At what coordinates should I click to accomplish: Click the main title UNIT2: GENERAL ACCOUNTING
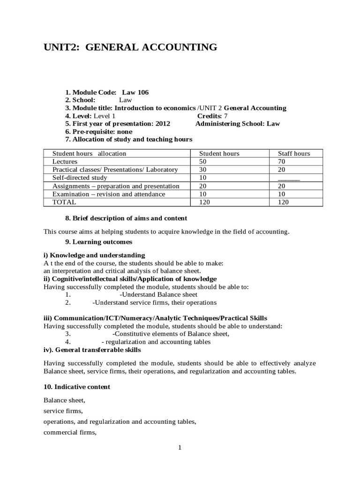tap(130, 47)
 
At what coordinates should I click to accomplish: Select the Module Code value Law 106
tap(135, 92)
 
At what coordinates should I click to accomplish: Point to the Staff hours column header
tap(294, 153)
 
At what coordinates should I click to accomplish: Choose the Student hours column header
tap(219, 153)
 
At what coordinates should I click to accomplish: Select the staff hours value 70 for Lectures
tap(282, 161)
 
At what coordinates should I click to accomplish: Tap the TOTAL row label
tap(64, 202)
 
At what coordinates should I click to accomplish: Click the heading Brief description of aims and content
tap(126, 218)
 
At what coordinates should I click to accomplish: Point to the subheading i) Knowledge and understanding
tap(94, 255)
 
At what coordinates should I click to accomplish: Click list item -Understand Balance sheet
tap(158, 294)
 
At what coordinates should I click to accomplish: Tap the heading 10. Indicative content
tap(77, 387)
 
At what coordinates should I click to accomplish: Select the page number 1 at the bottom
tap(180, 448)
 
